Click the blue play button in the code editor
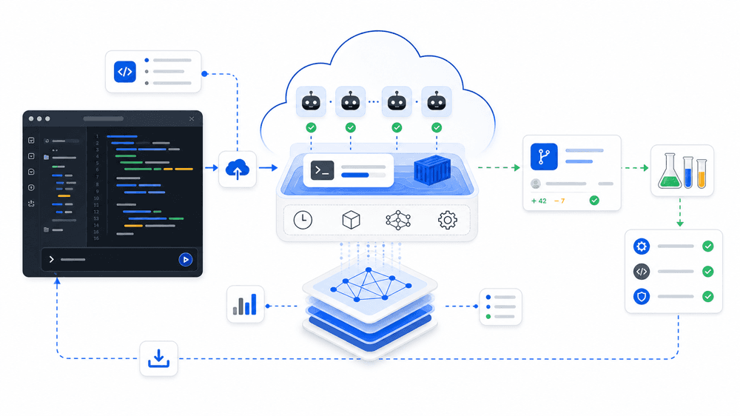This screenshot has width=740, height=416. pyautogui.click(x=186, y=259)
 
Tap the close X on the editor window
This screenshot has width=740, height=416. pyautogui.click(x=192, y=119)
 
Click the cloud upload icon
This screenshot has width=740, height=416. pyautogui.click(x=238, y=169)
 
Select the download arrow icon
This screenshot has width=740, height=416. pyautogui.click(x=158, y=358)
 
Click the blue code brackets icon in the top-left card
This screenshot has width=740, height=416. pyautogui.click(x=125, y=72)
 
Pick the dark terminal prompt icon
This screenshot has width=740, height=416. pyautogui.click(x=323, y=170)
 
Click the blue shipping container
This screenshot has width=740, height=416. pyautogui.click(x=432, y=169)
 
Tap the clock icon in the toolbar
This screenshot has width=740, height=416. pyautogui.click(x=303, y=220)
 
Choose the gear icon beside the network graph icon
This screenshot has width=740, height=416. pyautogui.click(x=448, y=220)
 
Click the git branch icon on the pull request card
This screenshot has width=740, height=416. pyautogui.click(x=544, y=156)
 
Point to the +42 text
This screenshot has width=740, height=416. pyautogui.click(x=539, y=201)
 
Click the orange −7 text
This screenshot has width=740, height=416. pyautogui.click(x=559, y=201)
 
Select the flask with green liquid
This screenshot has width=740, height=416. pyautogui.click(x=670, y=171)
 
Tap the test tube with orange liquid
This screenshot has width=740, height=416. pyautogui.click(x=702, y=174)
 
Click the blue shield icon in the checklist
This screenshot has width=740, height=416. pyautogui.click(x=642, y=297)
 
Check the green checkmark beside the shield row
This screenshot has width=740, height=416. pyautogui.click(x=708, y=297)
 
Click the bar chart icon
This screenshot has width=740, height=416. pyautogui.click(x=245, y=304)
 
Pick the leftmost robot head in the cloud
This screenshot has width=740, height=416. pyautogui.click(x=311, y=101)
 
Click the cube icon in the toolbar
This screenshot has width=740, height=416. pyautogui.click(x=351, y=220)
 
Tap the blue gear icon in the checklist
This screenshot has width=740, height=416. pyautogui.click(x=642, y=246)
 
